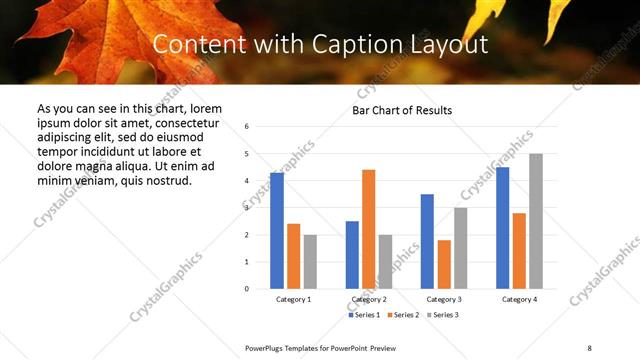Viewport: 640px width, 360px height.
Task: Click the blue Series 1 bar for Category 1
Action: click(x=277, y=231)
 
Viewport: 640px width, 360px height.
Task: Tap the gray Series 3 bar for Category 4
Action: click(x=536, y=221)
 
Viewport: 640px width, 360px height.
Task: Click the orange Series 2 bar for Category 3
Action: click(x=444, y=264)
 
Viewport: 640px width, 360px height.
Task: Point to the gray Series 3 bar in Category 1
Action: click(x=310, y=261)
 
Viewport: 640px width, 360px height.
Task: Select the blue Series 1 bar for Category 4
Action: click(x=503, y=228)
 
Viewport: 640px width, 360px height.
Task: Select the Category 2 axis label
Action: click(x=369, y=299)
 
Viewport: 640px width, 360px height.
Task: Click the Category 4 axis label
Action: click(x=519, y=299)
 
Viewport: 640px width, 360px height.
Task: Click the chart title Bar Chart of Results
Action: click(x=402, y=110)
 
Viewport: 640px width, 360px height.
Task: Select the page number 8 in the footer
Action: click(x=589, y=346)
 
